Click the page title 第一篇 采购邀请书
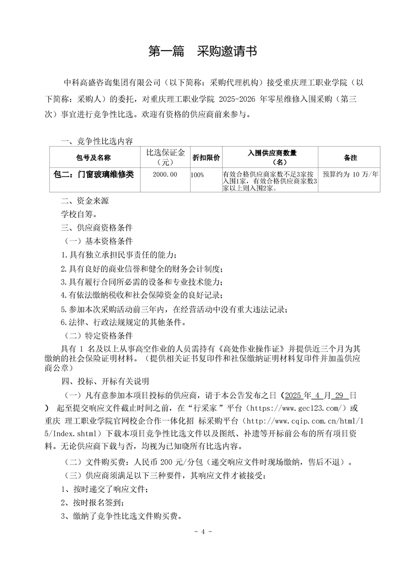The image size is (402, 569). pyautogui.click(x=202, y=51)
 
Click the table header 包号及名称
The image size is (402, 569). pyautogui.click(x=93, y=158)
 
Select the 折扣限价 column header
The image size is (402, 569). pyautogui.click(x=205, y=158)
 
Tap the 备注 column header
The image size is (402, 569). pyautogui.click(x=350, y=158)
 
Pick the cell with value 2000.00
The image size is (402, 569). pyautogui.click(x=165, y=174)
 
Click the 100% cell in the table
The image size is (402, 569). pyautogui.click(x=198, y=174)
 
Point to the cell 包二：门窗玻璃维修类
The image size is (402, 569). pyautogui.click(x=94, y=174)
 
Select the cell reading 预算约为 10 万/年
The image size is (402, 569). pyautogui.click(x=350, y=174)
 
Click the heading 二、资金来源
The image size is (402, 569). pyautogui.click(x=85, y=201)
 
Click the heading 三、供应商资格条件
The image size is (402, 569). pyautogui.click(x=97, y=227)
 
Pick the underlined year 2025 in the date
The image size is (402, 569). pyautogui.click(x=294, y=395)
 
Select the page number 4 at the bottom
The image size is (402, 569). pyautogui.click(x=202, y=532)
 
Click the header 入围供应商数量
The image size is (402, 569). pyautogui.click(x=272, y=153)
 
